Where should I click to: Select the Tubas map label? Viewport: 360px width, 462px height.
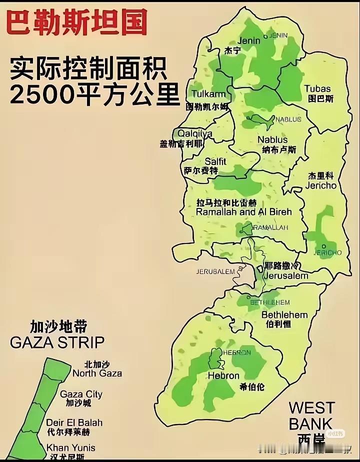pyautogui.click(x=317, y=89)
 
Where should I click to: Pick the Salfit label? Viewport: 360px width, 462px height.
pyautogui.click(x=215, y=161)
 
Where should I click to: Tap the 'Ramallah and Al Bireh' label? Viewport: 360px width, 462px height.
pyautogui.click(x=243, y=211)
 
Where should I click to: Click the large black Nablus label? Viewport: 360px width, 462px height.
pyautogui.click(x=272, y=139)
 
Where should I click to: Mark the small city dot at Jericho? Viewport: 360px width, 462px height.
pyautogui.click(x=324, y=246)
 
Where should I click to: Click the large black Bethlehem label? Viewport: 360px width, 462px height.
pyautogui.click(x=284, y=314)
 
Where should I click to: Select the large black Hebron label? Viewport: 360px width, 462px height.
pyautogui.click(x=223, y=375)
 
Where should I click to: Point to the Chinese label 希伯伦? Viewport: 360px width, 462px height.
pyautogui.click(x=252, y=386)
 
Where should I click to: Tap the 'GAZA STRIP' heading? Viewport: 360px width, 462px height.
pyautogui.click(x=57, y=342)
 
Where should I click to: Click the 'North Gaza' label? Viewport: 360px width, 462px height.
pyautogui.click(x=97, y=373)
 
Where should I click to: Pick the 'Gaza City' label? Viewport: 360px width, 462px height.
pyautogui.click(x=81, y=394)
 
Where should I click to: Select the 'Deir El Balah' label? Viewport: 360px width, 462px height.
pyautogui.click(x=74, y=422)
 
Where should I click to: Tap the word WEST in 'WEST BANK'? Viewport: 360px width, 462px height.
pyautogui.click(x=311, y=408)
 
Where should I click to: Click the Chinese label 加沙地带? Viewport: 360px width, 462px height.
pyautogui.click(x=58, y=327)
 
